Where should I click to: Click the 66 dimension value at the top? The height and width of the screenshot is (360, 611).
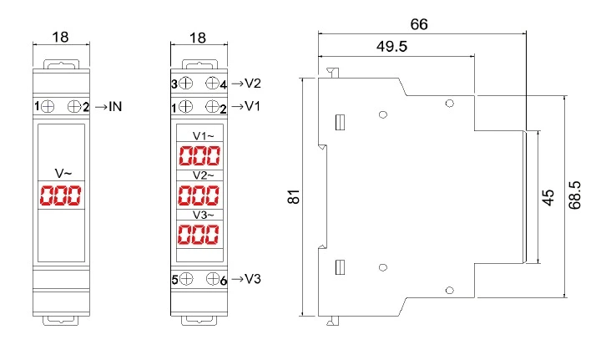click(x=419, y=24)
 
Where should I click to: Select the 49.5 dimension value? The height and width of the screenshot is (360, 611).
click(x=391, y=47)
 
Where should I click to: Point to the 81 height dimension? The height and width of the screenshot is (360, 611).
click(x=293, y=197)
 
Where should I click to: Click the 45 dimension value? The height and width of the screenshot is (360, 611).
click(x=548, y=197)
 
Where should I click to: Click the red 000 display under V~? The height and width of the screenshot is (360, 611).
click(x=60, y=196)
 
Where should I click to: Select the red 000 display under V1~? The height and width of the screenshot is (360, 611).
click(x=199, y=155)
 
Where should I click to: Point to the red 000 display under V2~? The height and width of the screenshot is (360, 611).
click(x=199, y=195)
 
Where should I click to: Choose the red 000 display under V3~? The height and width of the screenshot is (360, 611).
click(x=199, y=235)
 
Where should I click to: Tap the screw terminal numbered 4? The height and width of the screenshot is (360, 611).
click(x=213, y=84)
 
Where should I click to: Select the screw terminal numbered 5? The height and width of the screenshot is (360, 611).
click(x=186, y=279)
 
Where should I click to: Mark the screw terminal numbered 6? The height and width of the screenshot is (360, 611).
click(x=213, y=279)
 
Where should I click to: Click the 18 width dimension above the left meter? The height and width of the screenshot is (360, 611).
click(x=60, y=38)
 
